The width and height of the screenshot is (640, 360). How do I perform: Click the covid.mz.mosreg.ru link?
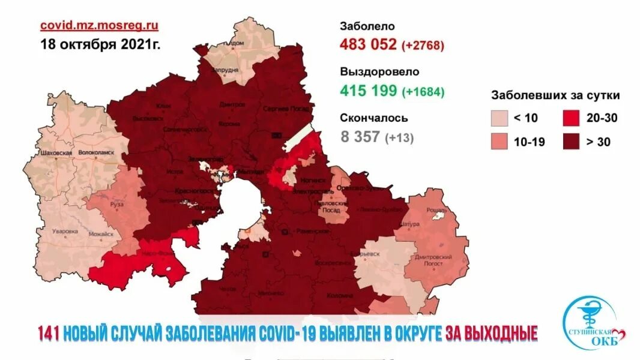[99, 25]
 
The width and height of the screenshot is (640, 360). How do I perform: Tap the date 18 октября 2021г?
[100, 44]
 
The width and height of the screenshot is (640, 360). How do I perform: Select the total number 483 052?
[368, 44]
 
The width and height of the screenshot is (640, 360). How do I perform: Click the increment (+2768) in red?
[423, 45]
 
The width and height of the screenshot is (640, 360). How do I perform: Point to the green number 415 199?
[368, 91]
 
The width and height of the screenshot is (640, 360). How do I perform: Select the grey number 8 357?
[360, 136]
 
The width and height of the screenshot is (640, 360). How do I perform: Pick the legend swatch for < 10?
[499, 118]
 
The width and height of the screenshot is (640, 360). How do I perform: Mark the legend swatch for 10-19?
[499, 142]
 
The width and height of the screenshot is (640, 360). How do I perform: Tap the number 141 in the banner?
[49, 332]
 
